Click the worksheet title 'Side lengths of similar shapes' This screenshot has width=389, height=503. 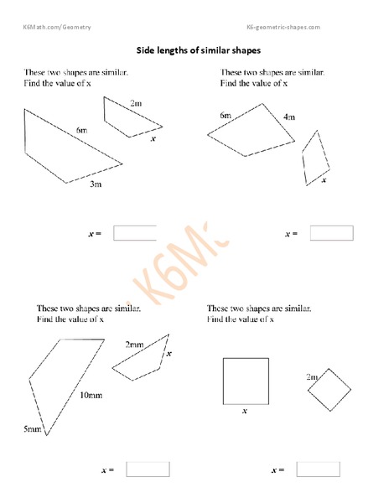[x=194, y=50]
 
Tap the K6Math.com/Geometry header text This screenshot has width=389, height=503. [x=57, y=28]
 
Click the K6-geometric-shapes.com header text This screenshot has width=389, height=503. [x=283, y=28]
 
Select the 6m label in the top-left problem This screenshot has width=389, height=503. [x=81, y=131]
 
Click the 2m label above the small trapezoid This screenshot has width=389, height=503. [x=136, y=103]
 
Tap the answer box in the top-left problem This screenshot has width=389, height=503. [x=134, y=233]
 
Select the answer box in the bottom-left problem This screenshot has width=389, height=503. [x=148, y=469]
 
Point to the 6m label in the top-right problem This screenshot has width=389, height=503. [x=226, y=115]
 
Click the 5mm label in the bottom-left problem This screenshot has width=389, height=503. [x=32, y=429]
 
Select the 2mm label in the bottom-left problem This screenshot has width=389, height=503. [x=134, y=345]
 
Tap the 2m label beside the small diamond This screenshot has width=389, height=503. [x=312, y=377]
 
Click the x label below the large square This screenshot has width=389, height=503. [x=245, y=411]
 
